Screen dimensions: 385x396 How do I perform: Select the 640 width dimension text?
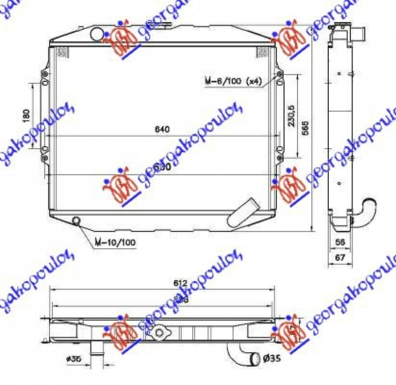[162, 129]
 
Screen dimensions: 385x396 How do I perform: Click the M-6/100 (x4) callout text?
[232, 81]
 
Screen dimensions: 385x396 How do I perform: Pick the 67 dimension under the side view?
[339, 257]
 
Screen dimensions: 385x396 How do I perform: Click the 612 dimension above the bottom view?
[180, 283]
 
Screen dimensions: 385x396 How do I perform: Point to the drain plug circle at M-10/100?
[77, 220]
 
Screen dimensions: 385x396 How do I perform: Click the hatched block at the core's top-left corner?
[62, 52]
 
